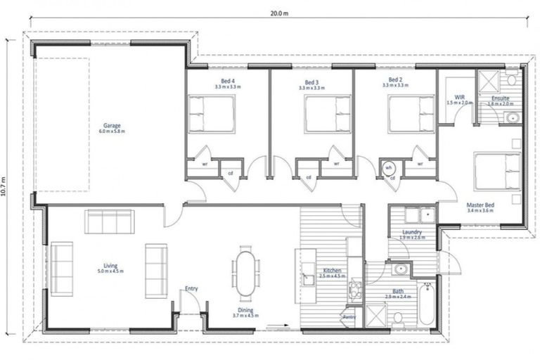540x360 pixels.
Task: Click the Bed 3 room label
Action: click(x=311, y=81)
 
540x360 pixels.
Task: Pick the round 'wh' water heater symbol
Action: click(x=388, y=168)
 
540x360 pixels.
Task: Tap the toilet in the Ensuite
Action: click(x=511, y=77)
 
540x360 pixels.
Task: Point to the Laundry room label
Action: click(x=411, y=233)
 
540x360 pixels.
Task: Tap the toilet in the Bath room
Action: click(x=398, y=318)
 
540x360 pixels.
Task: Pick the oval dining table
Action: click(x=245, y=273)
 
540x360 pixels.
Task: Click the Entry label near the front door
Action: click(x=191, y=288)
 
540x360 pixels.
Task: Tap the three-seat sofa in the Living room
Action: click(x=110, y=221)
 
